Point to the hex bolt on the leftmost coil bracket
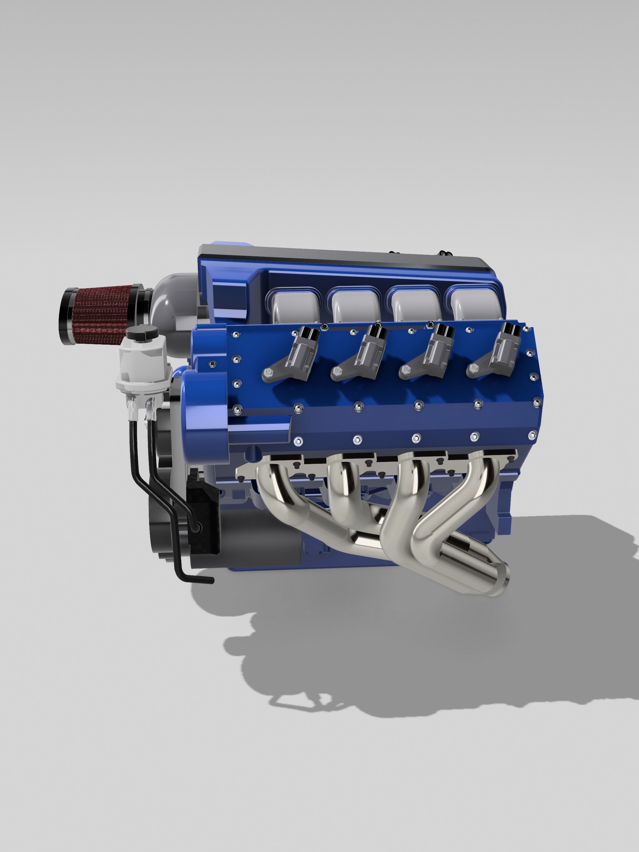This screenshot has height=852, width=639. pyautogui.click(x=268, y=372)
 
